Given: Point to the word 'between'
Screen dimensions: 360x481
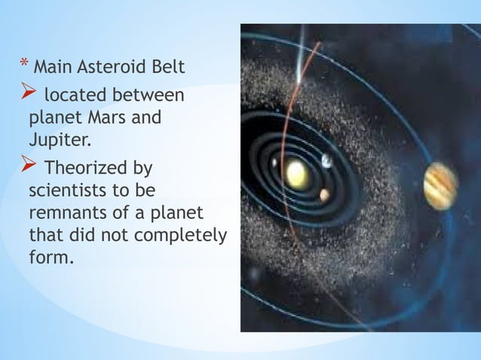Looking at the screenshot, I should [149, 96].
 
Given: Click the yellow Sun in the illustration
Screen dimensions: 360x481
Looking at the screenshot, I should [297, 175].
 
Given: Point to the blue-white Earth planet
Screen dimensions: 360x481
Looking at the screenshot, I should [326, 160].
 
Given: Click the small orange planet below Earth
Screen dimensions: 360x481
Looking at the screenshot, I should [324, 195].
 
